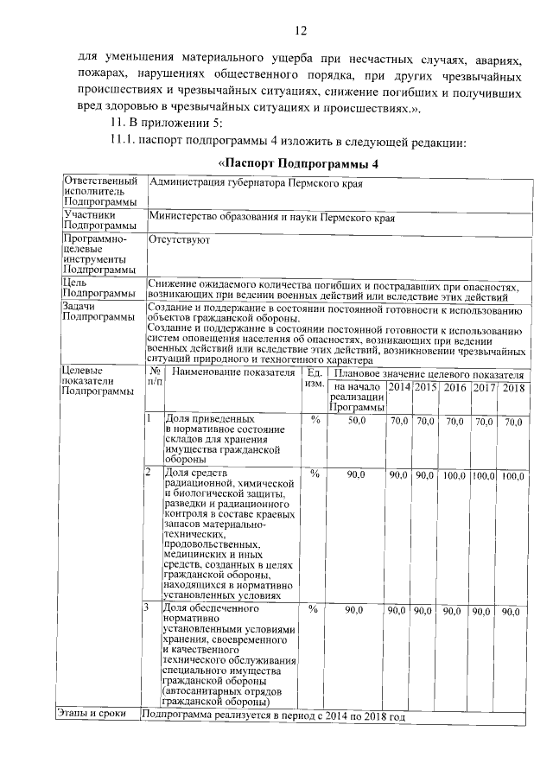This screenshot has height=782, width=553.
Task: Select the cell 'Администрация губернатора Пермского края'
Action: click(256, 183)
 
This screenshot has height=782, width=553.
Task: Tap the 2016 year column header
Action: click(454, 387)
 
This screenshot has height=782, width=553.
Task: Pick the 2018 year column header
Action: click(513, 387)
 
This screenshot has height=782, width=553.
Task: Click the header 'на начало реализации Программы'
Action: click(355, 397)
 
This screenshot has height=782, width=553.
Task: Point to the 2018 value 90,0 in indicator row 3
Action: click(513, 611)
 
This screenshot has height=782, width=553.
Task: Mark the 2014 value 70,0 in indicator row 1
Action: click(398, 422)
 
